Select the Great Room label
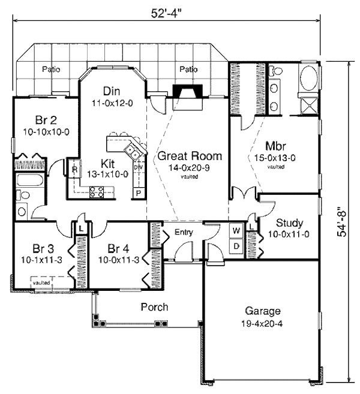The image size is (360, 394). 189,156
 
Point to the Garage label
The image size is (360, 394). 262,311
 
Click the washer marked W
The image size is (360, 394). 236,230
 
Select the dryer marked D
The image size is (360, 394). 236,246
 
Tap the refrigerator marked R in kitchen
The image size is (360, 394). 74,170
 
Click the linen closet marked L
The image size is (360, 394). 80,228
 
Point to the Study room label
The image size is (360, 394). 289,222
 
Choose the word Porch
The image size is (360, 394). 154,307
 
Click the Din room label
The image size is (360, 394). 112,91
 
